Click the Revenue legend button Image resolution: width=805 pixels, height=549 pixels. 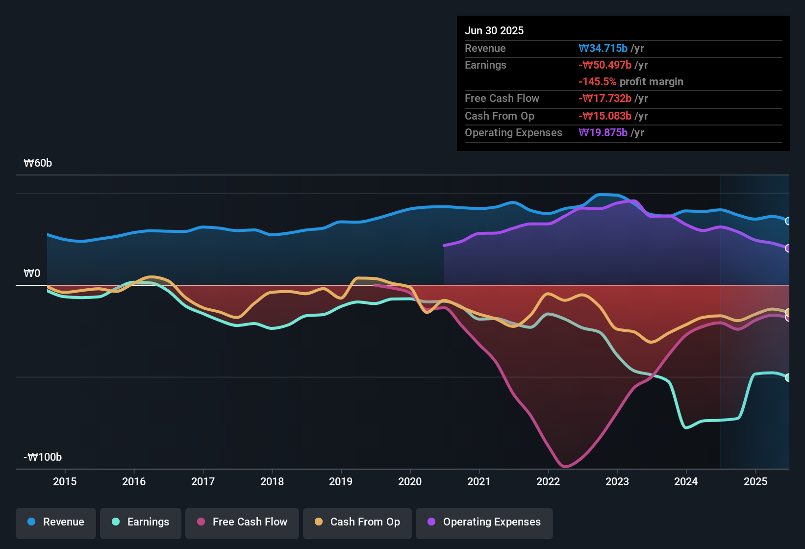tap(55, 522)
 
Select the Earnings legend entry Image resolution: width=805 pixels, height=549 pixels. tap(140, 522)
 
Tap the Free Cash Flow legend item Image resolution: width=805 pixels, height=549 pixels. tap(242, 522)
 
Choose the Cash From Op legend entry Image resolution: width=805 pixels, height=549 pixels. tap(357, 522)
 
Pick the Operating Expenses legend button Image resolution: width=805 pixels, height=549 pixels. tap(484, 522)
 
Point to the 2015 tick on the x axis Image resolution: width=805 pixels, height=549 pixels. tap(65, 481)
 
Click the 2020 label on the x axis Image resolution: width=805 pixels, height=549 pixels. tap(410, 481)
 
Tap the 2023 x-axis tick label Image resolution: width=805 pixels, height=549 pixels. tap(617, 481)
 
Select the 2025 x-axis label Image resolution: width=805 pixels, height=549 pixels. tap(755, 481)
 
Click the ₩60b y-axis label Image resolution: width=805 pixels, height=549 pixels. tap(38, 163)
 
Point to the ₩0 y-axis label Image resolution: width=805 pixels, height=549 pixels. tap(32, 274)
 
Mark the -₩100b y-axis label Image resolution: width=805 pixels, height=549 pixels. tap(43, 457)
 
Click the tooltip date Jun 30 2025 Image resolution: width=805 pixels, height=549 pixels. tap(494, 31)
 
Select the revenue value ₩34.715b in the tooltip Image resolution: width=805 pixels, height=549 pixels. tap(603, 49)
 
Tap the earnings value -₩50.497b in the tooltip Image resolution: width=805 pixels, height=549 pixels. tap(605, 65)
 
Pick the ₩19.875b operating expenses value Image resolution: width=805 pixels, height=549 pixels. tap(603, 133)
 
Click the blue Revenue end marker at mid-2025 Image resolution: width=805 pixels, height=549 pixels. tap(788, 221)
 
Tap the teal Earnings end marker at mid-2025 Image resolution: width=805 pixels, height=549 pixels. tap(788, 377)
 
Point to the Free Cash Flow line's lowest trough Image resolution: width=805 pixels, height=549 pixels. tap(565, 466)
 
